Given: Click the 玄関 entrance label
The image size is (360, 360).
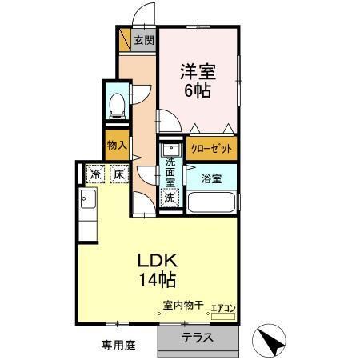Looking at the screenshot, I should pos(144,40).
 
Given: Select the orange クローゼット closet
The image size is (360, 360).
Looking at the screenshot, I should pos(212,149).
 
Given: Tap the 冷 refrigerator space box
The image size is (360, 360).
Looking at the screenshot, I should pos(96,174).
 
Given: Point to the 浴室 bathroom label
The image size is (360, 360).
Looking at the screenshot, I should pos(211,178).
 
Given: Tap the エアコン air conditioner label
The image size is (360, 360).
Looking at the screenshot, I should pos(222,306).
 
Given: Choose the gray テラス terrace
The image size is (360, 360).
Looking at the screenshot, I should pos(198,337).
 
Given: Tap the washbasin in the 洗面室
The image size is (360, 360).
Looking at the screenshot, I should pos(170,150).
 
